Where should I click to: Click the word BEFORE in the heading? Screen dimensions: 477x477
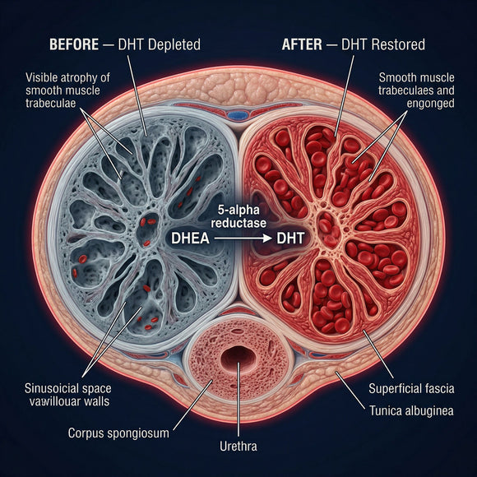[x=74, y=44]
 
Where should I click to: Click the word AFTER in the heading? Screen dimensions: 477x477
[x=302, y=44]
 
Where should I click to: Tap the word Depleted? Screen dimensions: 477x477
[x=174, y=44]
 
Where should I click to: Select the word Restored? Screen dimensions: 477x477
[x=398, y=44]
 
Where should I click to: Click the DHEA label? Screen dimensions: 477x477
[x=191, y=238]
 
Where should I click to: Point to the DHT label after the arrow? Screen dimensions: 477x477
[x=290, y=238]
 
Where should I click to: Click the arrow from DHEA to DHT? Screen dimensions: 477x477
[x=243, y=238]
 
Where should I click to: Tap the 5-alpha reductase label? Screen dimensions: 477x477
[x=238, y=216]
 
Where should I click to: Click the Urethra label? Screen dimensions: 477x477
[x=238, y=447]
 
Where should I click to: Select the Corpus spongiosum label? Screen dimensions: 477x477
[x=118, y=433]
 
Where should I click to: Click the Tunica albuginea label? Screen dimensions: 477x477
[x=411, y=410]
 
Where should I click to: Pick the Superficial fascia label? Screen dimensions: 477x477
[x=411, y=388]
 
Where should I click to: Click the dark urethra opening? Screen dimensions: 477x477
[x=238, y=358]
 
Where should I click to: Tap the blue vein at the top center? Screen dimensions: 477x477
[x=238, y=115]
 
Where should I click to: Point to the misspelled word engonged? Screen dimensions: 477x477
[x=430, y=104]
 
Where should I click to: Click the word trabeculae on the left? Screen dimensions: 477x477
[x=50, y=103]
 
